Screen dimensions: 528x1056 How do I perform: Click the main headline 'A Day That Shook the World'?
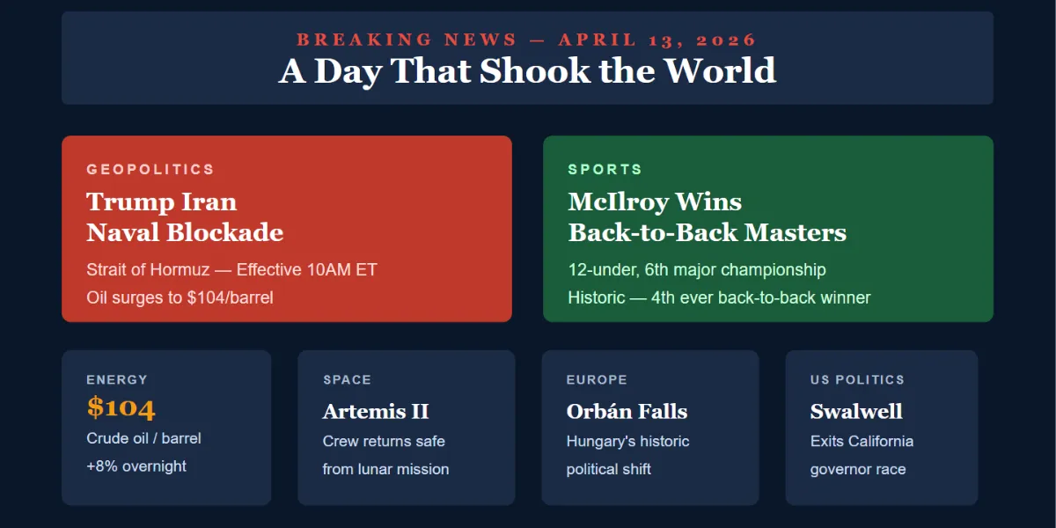point(527,70)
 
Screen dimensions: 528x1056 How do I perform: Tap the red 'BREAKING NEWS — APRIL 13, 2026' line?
point(527,40)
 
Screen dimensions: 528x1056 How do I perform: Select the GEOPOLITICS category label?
point(150,169)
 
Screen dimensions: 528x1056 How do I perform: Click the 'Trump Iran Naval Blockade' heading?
point(185,217)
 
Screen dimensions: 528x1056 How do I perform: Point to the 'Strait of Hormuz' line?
point(231,269)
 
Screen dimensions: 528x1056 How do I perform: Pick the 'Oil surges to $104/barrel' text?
point(180,297)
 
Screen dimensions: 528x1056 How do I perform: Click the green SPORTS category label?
point(605,169)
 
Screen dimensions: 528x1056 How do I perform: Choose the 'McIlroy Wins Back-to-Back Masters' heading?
point(707,217)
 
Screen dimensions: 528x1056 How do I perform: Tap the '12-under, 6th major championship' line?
point(697,269)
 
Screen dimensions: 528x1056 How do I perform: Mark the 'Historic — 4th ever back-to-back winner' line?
point(719,297)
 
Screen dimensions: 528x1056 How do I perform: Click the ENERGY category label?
point(117,380)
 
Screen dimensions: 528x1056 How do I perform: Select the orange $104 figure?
point(121,407)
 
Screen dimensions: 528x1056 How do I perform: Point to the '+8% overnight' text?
point(136,466)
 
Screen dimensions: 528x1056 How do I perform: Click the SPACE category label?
point(347,380)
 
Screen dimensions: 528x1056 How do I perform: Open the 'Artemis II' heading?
point(376,411)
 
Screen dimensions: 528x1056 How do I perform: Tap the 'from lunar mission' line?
point(385,469)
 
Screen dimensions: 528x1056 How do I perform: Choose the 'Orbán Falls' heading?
point(627,411)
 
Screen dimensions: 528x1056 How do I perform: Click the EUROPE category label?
point(597,380)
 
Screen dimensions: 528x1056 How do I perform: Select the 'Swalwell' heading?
point(856,411)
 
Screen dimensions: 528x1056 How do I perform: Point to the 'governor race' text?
point(858,469)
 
